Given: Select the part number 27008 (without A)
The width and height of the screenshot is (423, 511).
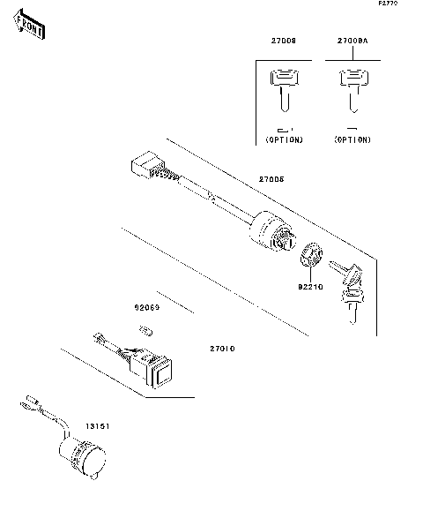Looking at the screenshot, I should (x=283, y=41).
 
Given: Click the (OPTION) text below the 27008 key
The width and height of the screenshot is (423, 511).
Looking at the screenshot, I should (x=284, y=140).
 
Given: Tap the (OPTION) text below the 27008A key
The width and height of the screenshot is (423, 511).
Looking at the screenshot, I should (x=352, y=140).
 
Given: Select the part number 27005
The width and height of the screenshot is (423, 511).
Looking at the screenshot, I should (x=271, y=179).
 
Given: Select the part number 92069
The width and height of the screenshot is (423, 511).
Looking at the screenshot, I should (x=145, y=309).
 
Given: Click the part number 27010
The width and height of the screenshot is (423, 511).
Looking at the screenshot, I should (x=221, y=349).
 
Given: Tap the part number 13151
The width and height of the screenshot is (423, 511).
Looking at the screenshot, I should (x=96, y=425).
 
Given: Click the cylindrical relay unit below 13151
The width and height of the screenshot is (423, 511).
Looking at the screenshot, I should (x=81, y=457).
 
